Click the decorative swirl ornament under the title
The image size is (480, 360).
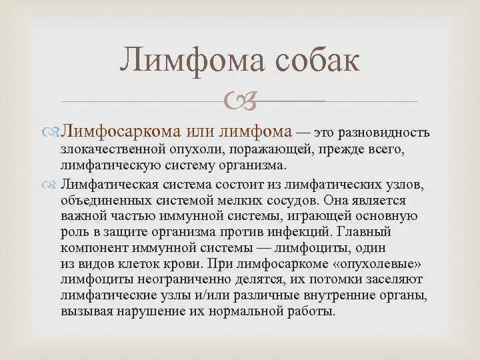pos(239,101)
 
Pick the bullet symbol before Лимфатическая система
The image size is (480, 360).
pos(54,184)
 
